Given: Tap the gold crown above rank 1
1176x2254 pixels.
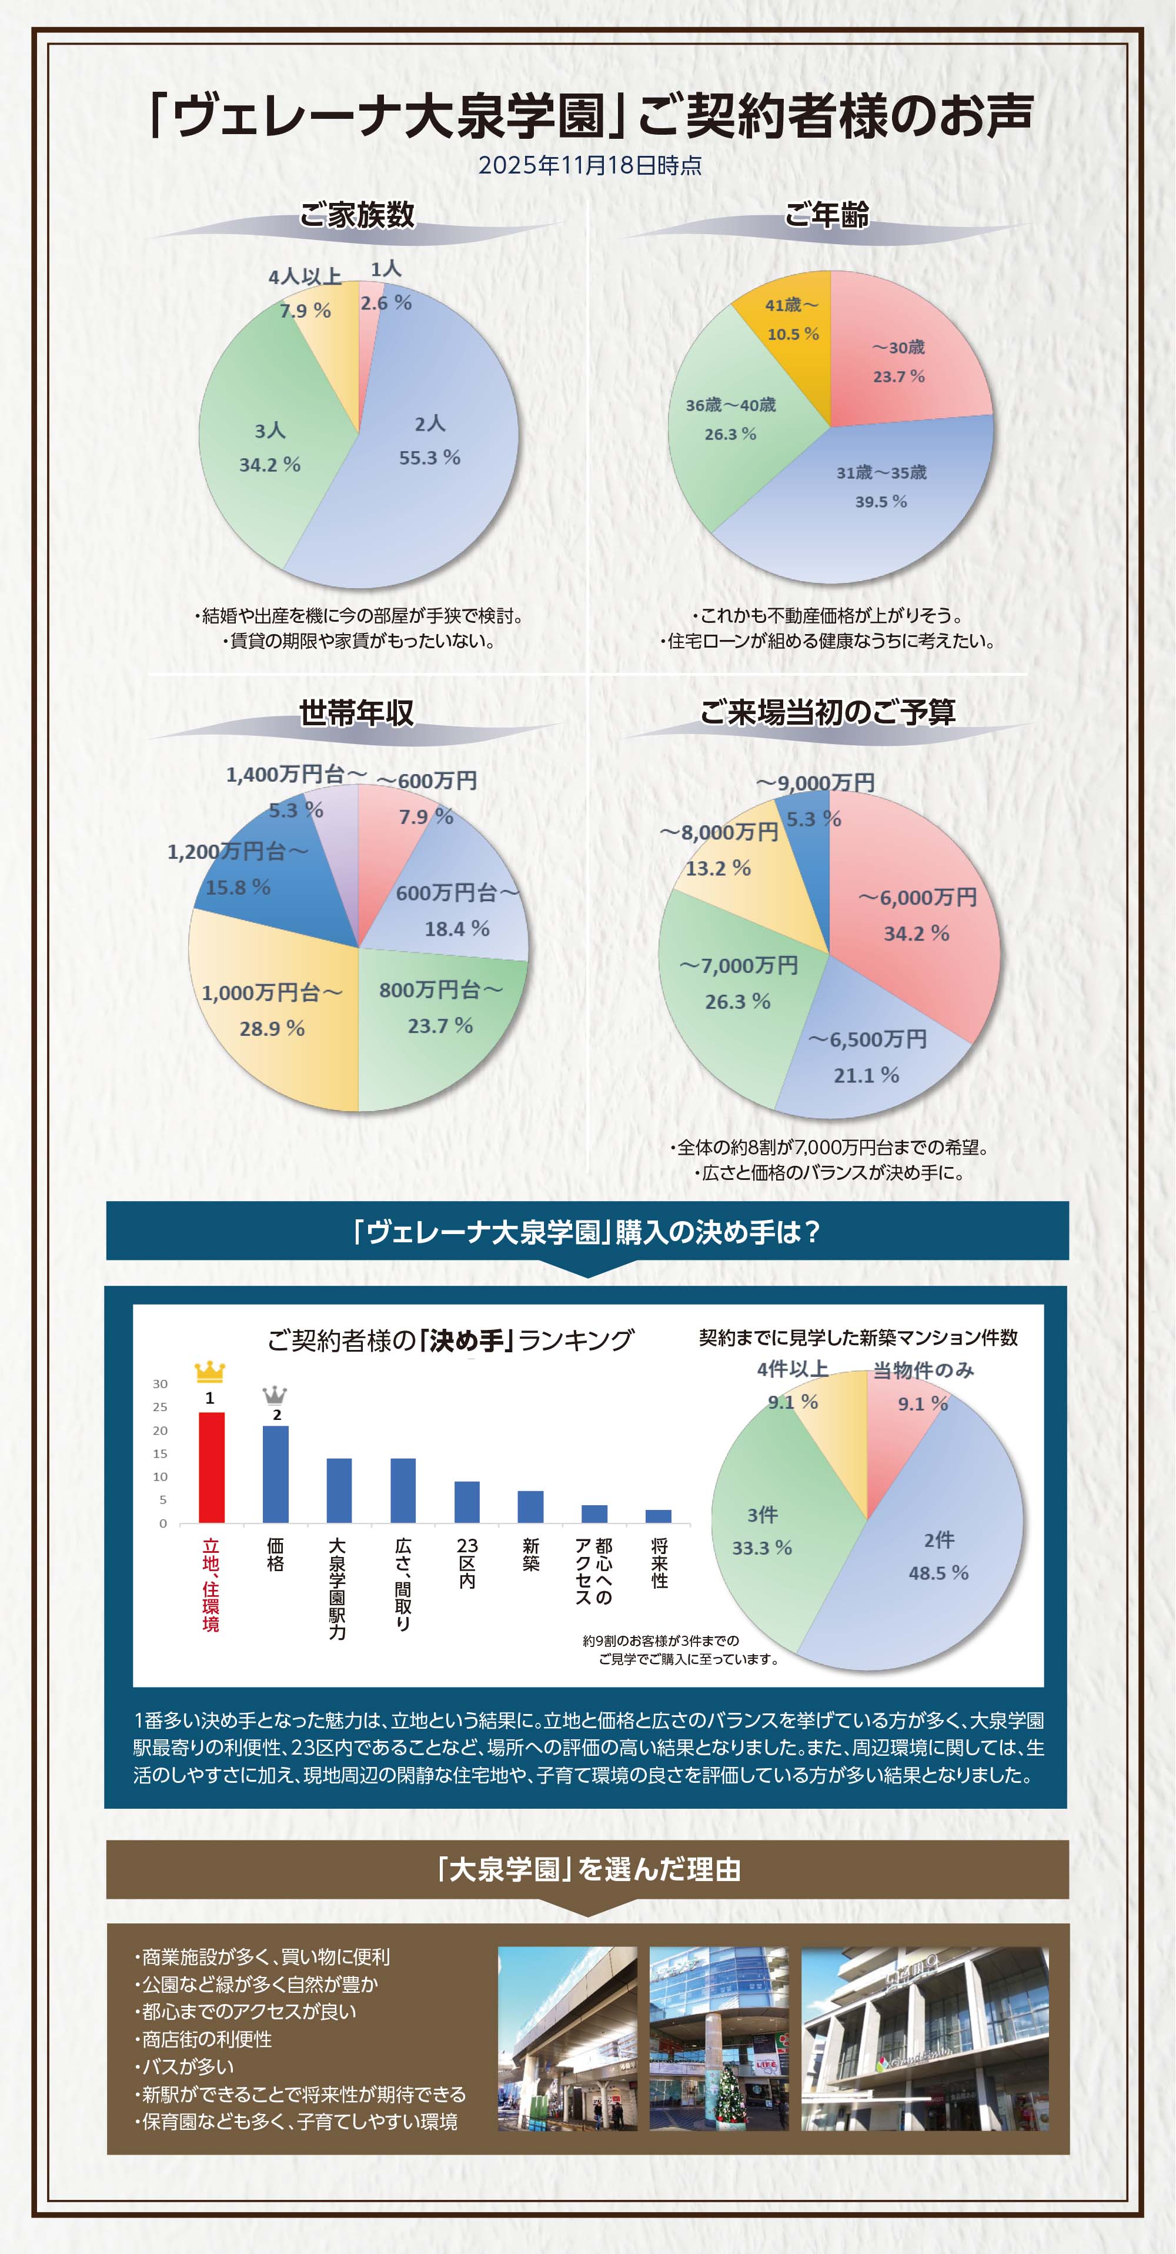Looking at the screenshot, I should [x=210, y=1371].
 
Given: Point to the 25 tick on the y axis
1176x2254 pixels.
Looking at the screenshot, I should [x=160, y=1407].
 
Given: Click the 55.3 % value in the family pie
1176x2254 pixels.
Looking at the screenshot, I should [x=430, y=458].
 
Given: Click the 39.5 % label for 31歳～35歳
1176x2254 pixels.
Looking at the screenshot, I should [x=881, y=501].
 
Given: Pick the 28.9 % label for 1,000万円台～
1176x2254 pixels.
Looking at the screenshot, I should [x=272, y=1029].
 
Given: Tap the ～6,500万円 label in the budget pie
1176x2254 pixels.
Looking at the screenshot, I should [x=867, y=1039].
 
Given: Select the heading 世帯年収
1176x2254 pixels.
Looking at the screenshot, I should [x=356, y=713].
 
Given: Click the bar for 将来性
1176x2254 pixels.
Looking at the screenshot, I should [x=659, y=1515].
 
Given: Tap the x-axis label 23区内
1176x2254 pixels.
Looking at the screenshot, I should [x=467, y=1563].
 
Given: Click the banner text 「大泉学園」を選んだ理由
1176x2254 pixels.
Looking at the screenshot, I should [x=588, y=1870].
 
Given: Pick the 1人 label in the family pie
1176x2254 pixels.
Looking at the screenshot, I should [x=386, y=269].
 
